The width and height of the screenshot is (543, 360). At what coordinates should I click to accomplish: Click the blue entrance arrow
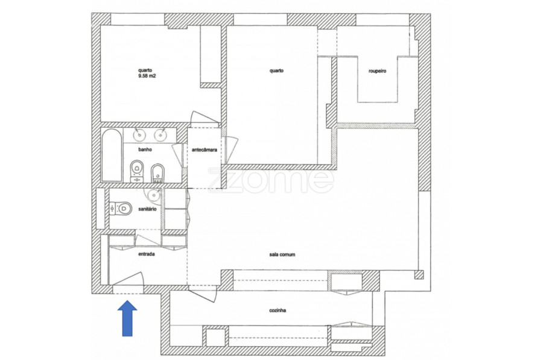pos(127,318)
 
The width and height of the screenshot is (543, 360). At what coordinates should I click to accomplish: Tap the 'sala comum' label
pos(282,254)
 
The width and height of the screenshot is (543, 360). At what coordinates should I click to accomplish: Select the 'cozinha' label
pos(278,311)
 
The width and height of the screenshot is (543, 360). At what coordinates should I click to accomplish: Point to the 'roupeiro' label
pos(377,71)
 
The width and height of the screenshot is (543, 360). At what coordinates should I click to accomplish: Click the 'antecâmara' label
pos(205,150)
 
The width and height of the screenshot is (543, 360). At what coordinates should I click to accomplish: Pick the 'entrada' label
pos(147,254)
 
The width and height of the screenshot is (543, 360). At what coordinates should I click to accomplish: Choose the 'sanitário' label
pos(147,209)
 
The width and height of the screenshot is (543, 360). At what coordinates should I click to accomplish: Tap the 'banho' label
pos(145,150)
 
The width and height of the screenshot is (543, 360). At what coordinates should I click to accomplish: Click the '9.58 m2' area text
pos(147,76)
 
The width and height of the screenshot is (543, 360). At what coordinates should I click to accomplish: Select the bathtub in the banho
pos(112,155)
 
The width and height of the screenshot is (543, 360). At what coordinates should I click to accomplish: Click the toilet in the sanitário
pos(121,209)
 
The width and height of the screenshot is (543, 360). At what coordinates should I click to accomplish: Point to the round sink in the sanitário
pos(154,195)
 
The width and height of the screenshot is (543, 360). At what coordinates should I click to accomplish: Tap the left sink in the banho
pos(139,134)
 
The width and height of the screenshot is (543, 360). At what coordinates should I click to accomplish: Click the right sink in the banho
pos(160,134)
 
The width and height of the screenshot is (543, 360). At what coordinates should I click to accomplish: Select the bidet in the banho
pos(157,173)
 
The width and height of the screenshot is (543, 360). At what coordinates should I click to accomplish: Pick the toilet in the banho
pos(137,171)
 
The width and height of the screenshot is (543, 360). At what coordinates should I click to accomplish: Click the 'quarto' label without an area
pos(277,71)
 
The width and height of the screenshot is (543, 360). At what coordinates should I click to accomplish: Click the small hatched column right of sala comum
pos(419,274)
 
